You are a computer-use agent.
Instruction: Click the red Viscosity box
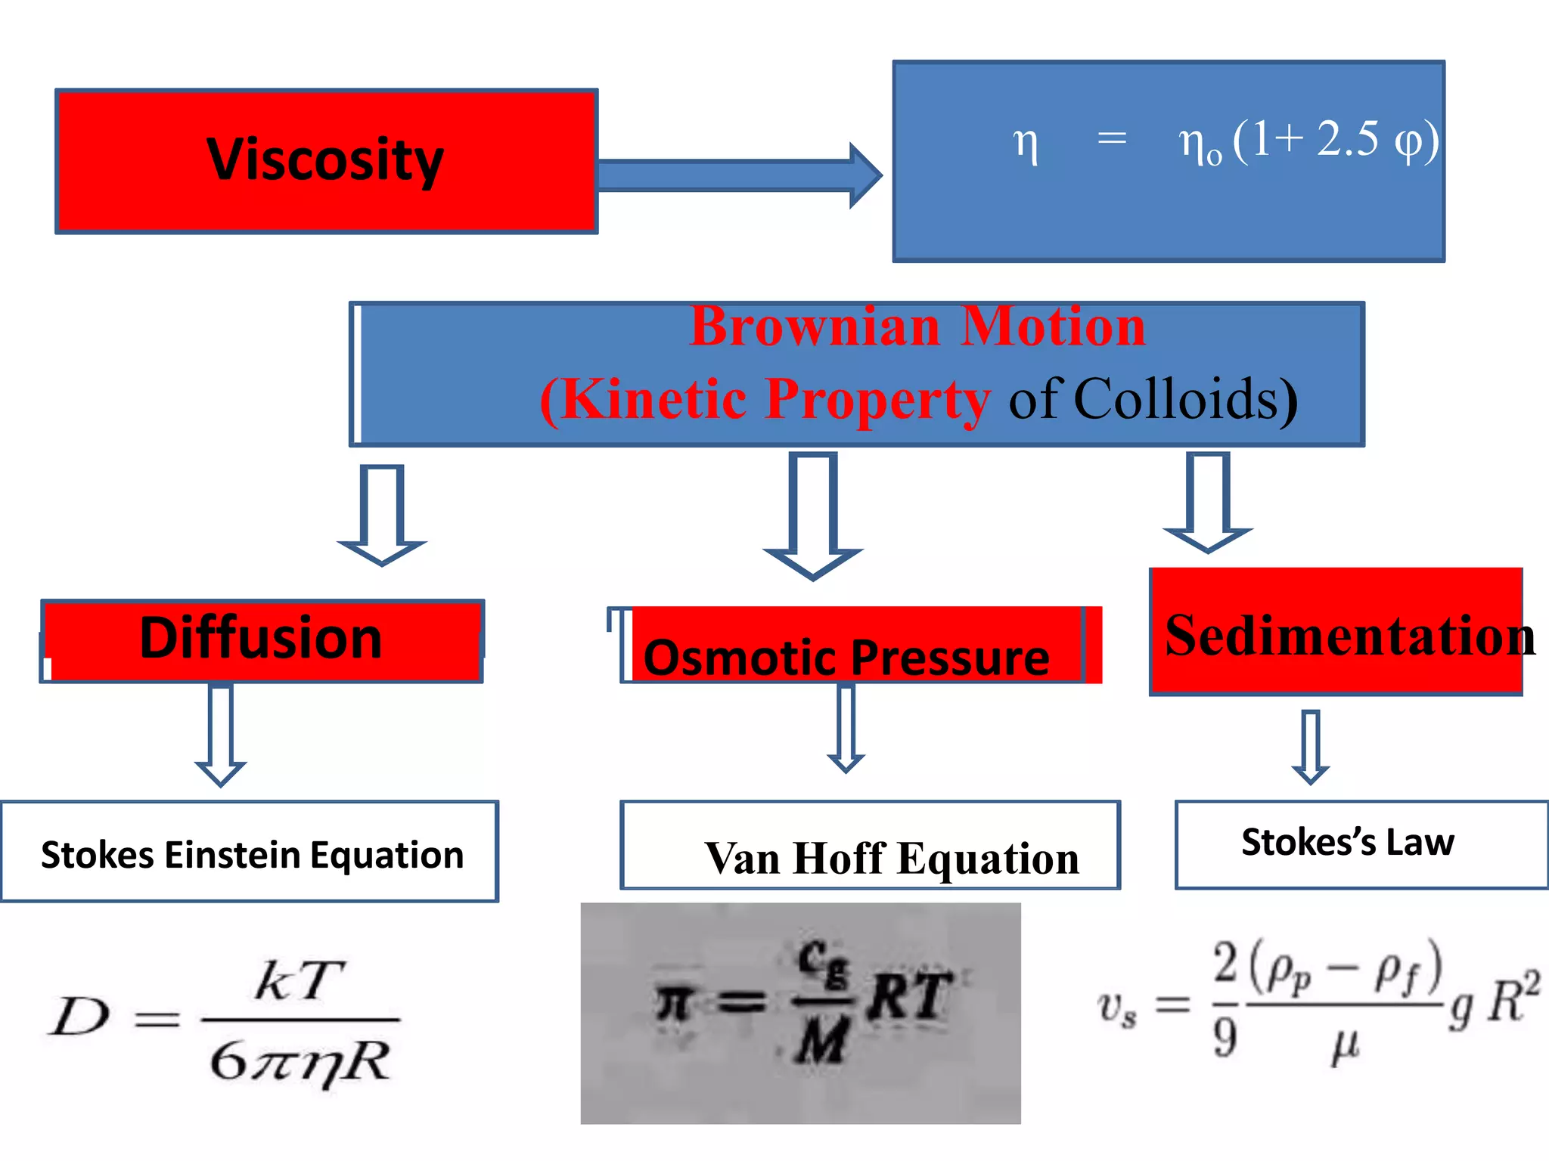pos(327,161)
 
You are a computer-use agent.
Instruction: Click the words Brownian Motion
pos(917,327)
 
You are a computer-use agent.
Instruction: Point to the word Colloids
pos(1184,399)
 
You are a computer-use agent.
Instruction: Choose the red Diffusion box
pos(262,639)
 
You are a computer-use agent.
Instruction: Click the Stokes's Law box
pos(1348,842)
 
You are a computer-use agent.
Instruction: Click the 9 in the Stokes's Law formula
pos(1225,1037)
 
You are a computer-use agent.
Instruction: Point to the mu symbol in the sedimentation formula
pos(1345,1046)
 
